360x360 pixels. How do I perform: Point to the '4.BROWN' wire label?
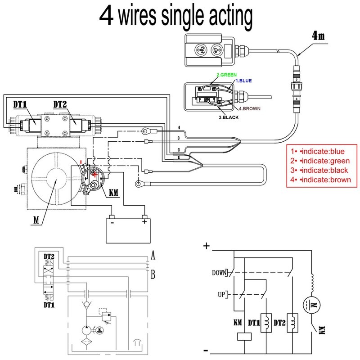point(249,108)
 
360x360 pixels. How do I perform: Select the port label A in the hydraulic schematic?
point(153,256)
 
